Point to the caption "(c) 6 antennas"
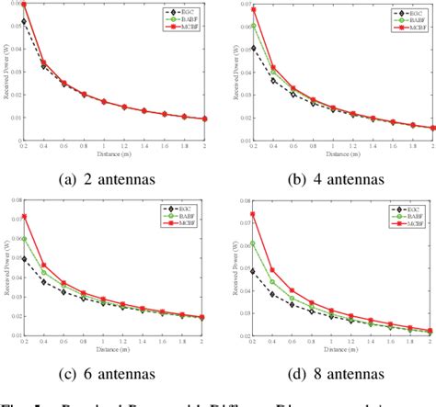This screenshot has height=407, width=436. (107, 374)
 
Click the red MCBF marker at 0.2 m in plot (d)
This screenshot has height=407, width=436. (252, 214)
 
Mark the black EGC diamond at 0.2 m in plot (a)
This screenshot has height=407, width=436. (24, 21)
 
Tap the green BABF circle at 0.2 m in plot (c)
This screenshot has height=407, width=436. (24, 238)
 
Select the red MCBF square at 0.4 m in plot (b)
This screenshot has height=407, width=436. (272, 67)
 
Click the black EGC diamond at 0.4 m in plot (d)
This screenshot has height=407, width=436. (272, 293)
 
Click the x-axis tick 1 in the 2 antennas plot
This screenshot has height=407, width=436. (104, 144)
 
